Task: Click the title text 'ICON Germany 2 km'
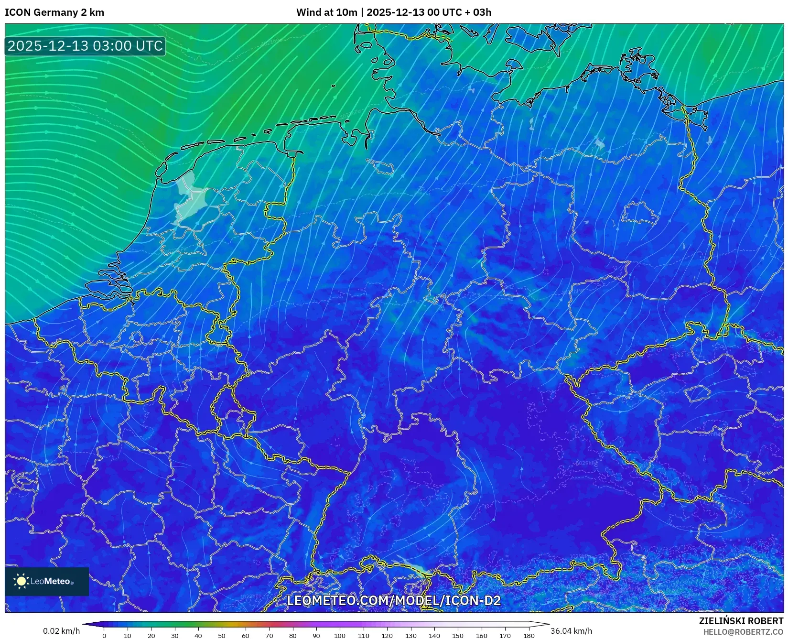54,12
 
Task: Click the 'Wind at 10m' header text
326,12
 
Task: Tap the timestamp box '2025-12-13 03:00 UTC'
85,46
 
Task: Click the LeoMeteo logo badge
47,581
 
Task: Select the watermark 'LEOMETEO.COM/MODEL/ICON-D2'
393,600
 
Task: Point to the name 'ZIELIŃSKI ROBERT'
741,621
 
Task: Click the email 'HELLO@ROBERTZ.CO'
743,632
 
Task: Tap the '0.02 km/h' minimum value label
62,631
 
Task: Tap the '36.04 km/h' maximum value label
571,631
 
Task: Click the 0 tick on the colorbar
104,635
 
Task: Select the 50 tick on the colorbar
222,635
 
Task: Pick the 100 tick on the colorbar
340,635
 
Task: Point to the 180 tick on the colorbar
529,635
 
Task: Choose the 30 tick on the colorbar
175,635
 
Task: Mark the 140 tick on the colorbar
434,635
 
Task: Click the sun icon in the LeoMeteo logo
21,581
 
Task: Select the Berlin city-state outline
640,213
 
